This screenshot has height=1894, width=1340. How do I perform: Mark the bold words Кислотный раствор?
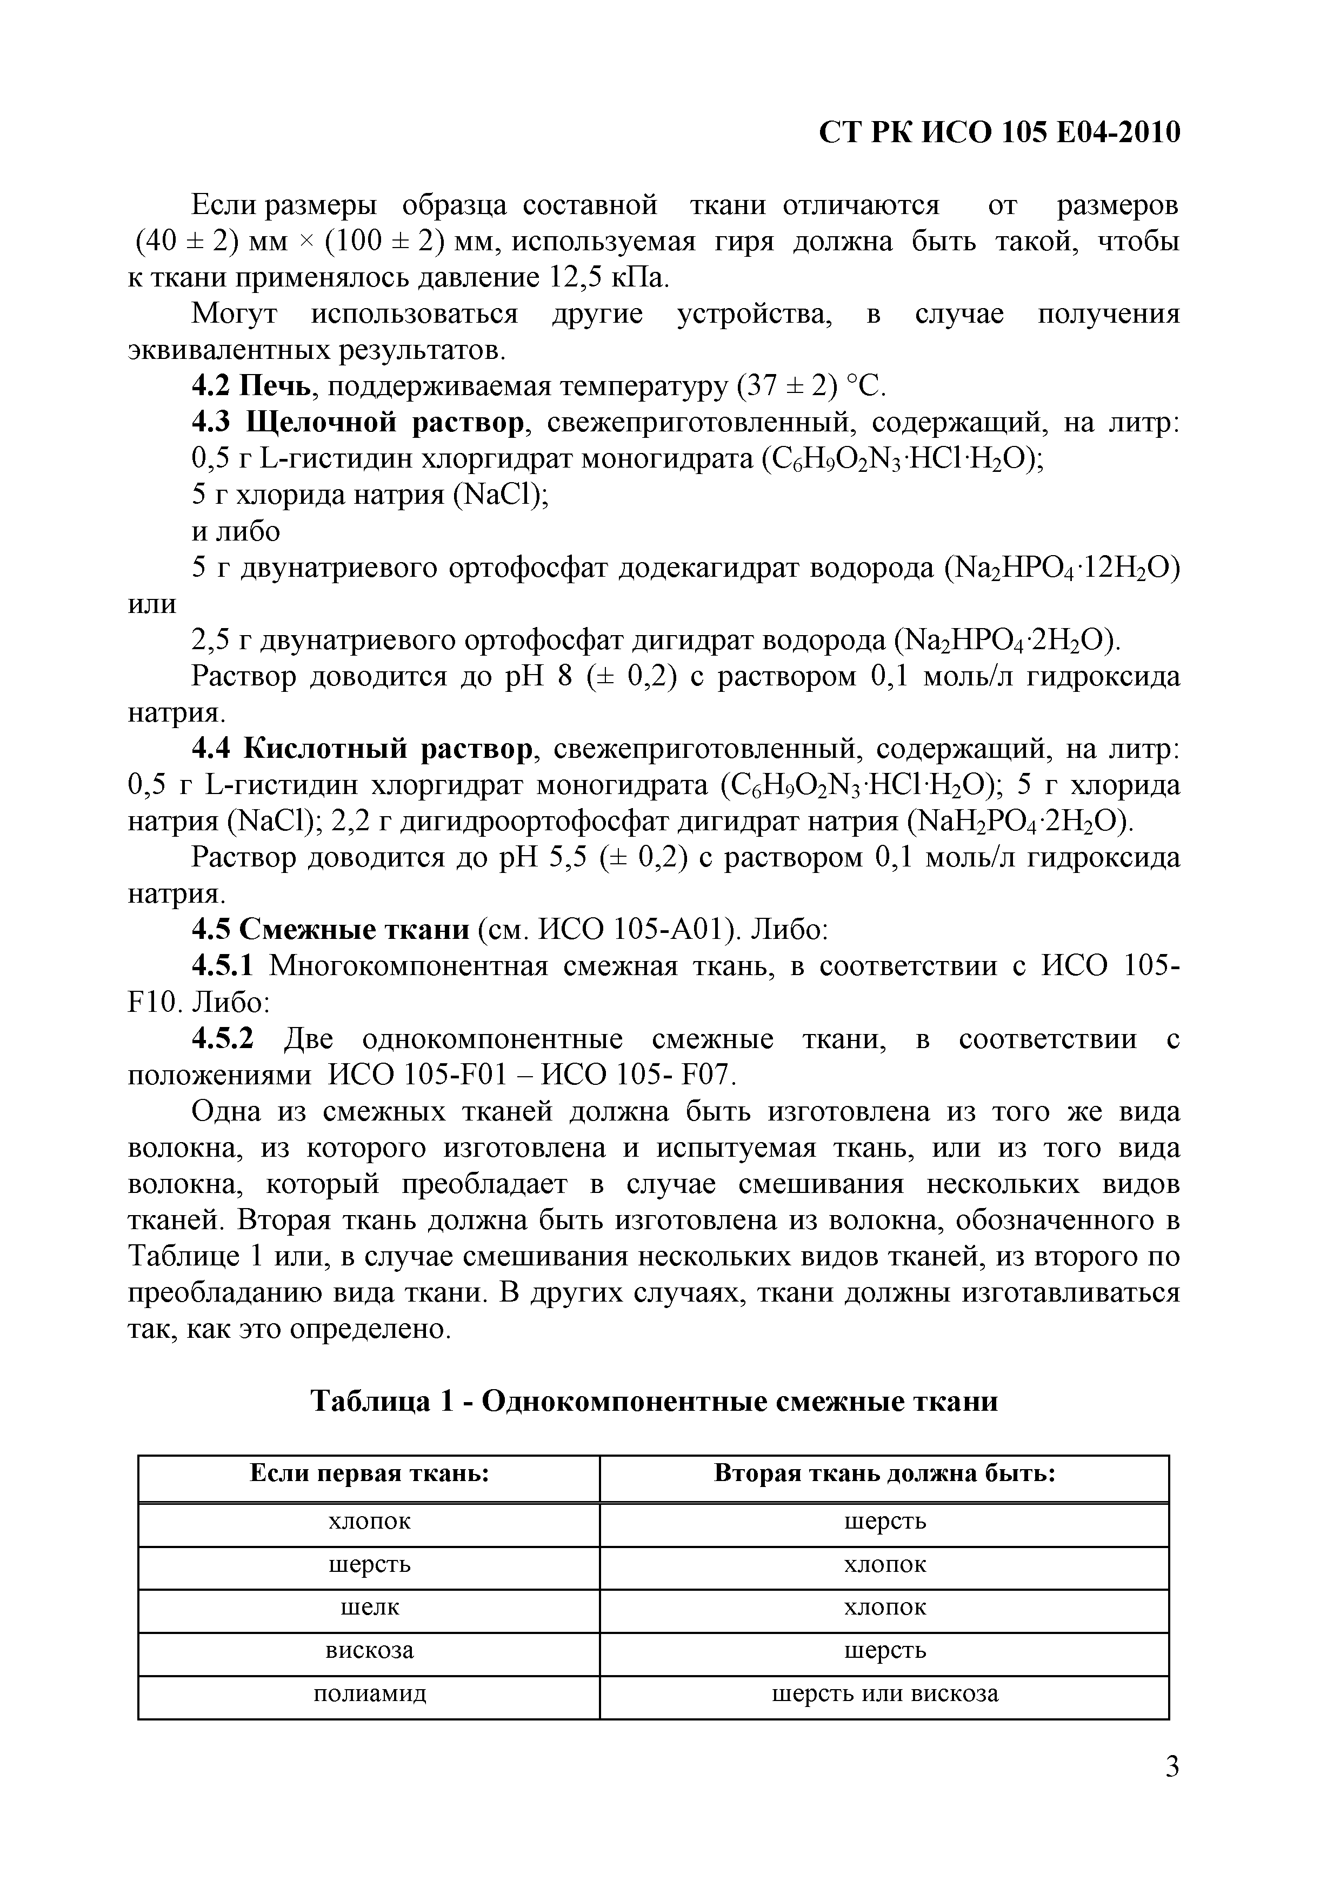(388, 749)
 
